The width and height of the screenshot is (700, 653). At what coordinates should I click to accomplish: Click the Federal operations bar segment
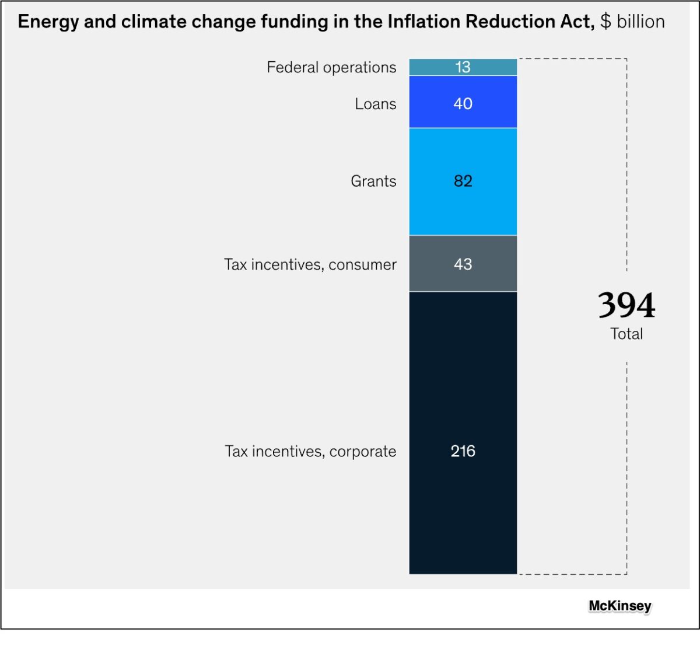click(432, 67)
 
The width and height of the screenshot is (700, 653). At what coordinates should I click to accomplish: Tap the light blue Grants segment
click(432, 198)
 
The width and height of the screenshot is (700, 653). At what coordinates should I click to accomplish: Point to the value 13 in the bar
click(463, 67)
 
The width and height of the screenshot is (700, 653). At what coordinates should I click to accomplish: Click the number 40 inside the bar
click(463, 103)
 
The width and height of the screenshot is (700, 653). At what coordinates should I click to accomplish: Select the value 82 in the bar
click(463, 181)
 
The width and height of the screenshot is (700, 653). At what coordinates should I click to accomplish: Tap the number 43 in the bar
click(463, 264)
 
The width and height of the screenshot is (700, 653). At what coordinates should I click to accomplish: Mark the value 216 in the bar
click(463, 451)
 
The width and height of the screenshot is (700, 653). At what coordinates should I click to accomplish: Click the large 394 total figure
click(626, 305)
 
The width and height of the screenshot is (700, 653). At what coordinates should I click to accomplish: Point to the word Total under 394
click(626, 334)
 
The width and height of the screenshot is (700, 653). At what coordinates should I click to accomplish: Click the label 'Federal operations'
click(331, 68)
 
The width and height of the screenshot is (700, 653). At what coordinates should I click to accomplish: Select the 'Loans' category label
click(375, 104)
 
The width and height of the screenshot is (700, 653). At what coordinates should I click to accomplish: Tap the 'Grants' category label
click(373, 181)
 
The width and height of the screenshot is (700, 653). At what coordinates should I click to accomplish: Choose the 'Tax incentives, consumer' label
click(310, 264)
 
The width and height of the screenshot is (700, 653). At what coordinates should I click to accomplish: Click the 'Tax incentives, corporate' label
click(310, 451)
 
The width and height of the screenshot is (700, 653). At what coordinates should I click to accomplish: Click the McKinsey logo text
click(619, 606)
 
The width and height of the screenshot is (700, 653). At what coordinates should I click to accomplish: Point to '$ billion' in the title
click(632, 22)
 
